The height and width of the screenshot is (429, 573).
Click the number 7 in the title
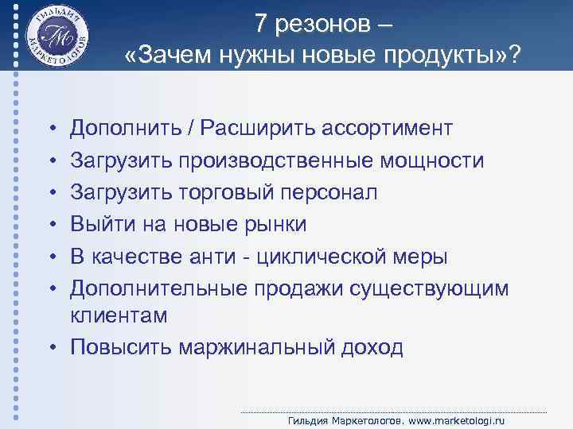click(x=262, y=25)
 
